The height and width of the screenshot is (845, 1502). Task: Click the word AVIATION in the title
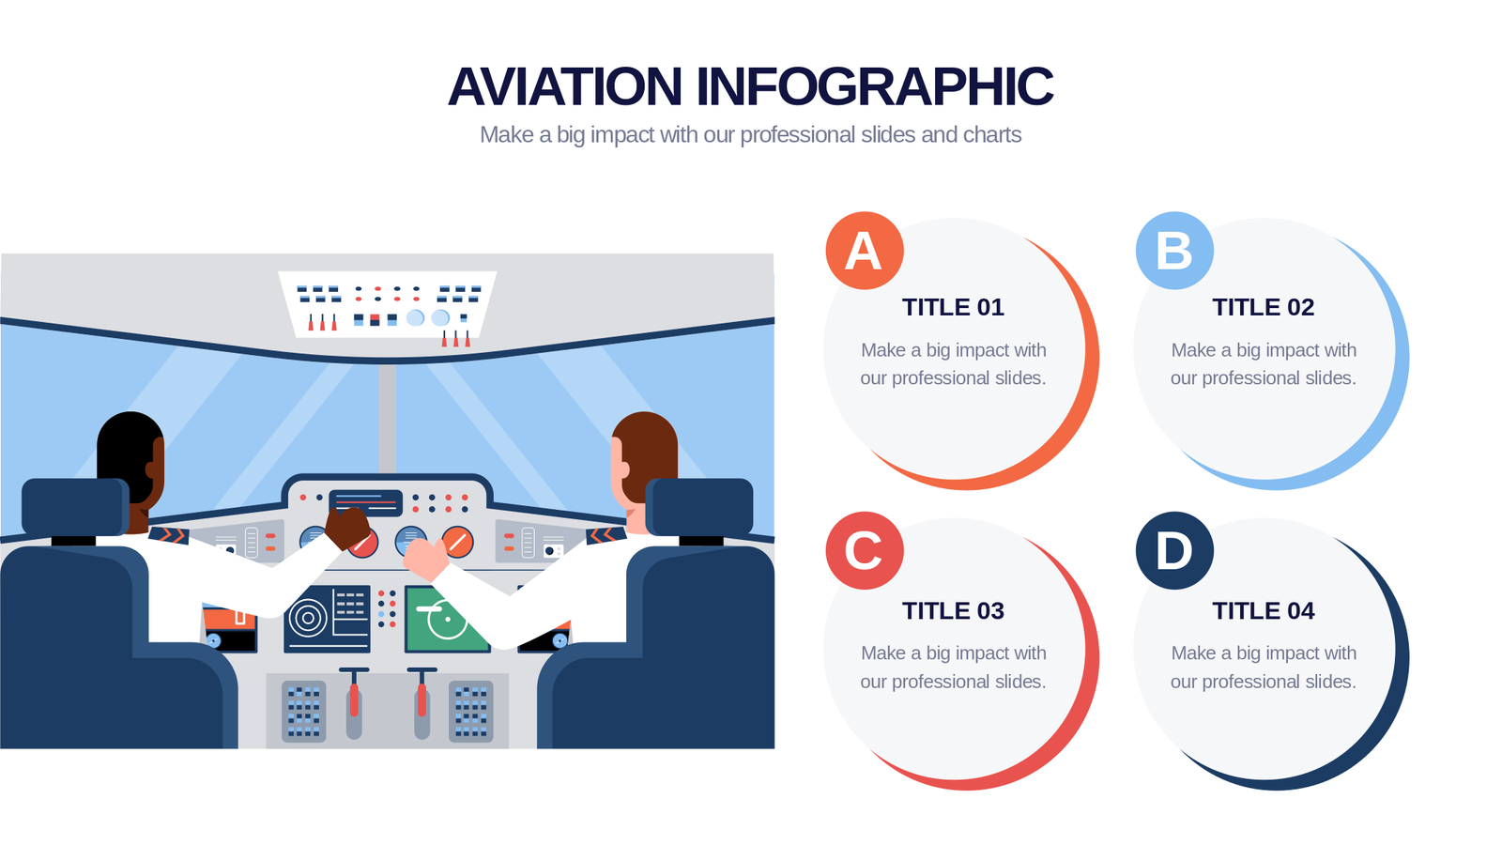tap(565, 86)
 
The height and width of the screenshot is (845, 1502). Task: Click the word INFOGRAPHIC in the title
tap(874, 86)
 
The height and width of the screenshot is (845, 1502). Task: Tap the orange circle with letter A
tap(865, 251)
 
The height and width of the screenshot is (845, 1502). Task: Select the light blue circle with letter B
tap(1174, 251)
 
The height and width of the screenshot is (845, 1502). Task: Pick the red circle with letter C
tap(865, 550)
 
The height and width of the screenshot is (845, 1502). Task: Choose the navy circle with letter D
tap(1174, 550)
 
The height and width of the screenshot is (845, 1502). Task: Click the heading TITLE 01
tap(953, 307)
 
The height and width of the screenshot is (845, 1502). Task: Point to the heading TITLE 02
tap(1264, 307)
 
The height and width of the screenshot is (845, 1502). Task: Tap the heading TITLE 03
tap(953, 611)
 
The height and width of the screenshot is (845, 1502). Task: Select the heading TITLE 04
tap(1264, 611)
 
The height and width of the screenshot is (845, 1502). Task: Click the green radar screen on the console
tap(447, 619)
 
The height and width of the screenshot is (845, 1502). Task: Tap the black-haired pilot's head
tap(130, 458)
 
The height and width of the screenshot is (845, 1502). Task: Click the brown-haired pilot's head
tap(644, 460)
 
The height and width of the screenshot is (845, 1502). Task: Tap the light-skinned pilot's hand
tap(426, 559)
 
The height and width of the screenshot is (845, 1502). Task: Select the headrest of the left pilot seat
tap(75, 508)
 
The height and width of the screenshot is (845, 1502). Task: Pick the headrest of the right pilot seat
tap(699, 508)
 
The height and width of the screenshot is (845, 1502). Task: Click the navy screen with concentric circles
tap(328, 619)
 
